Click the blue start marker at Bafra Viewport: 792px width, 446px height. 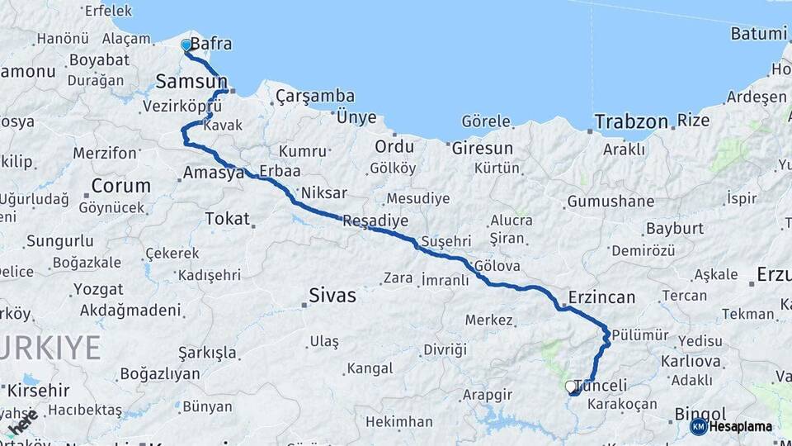(x=186, y=45)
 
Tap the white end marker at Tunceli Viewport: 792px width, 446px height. (x=570, y=386)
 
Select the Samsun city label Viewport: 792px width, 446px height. (x=191, y=81)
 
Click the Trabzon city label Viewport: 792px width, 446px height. (x=631, y=121)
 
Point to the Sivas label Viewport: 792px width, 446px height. (x=332, y=295)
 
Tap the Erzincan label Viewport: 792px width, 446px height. (x=601, y=297)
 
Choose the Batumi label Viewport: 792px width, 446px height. (x=758, y=34)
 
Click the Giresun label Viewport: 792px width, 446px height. (x=482, y=149)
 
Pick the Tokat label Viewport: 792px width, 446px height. (x=227, y=220)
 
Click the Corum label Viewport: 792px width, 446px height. (x=120, y=185)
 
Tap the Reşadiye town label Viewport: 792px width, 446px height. (x=375, y=221)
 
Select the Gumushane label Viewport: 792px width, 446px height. (x=610, y=202)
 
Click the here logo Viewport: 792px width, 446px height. (x=22, y=422)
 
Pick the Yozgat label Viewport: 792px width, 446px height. (x=98, y=289)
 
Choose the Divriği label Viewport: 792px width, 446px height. (x=445, y=349)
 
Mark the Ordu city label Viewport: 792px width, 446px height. (x=394, y=147)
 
